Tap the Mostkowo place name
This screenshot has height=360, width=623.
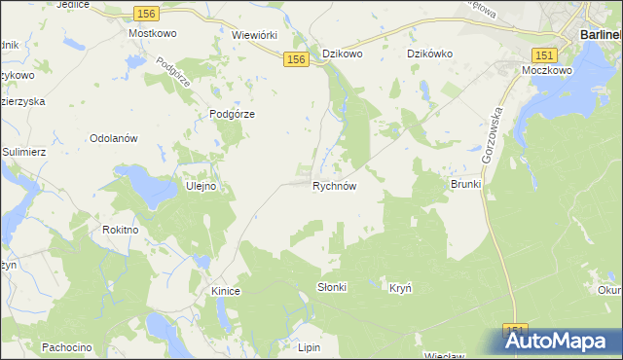151,32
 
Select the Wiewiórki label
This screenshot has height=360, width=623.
256,32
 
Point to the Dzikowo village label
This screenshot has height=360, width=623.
343,54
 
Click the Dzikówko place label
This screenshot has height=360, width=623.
430,54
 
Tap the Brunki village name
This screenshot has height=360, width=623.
466,184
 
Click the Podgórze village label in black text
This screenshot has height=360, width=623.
232,114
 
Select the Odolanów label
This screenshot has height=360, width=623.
115,138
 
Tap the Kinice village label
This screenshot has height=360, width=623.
225,291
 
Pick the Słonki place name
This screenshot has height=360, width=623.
332,288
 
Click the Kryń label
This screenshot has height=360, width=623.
401,288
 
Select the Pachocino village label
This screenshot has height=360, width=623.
66,346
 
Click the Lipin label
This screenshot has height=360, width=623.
309,346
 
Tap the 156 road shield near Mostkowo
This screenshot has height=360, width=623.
144,13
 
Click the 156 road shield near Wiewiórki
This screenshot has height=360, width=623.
297,60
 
